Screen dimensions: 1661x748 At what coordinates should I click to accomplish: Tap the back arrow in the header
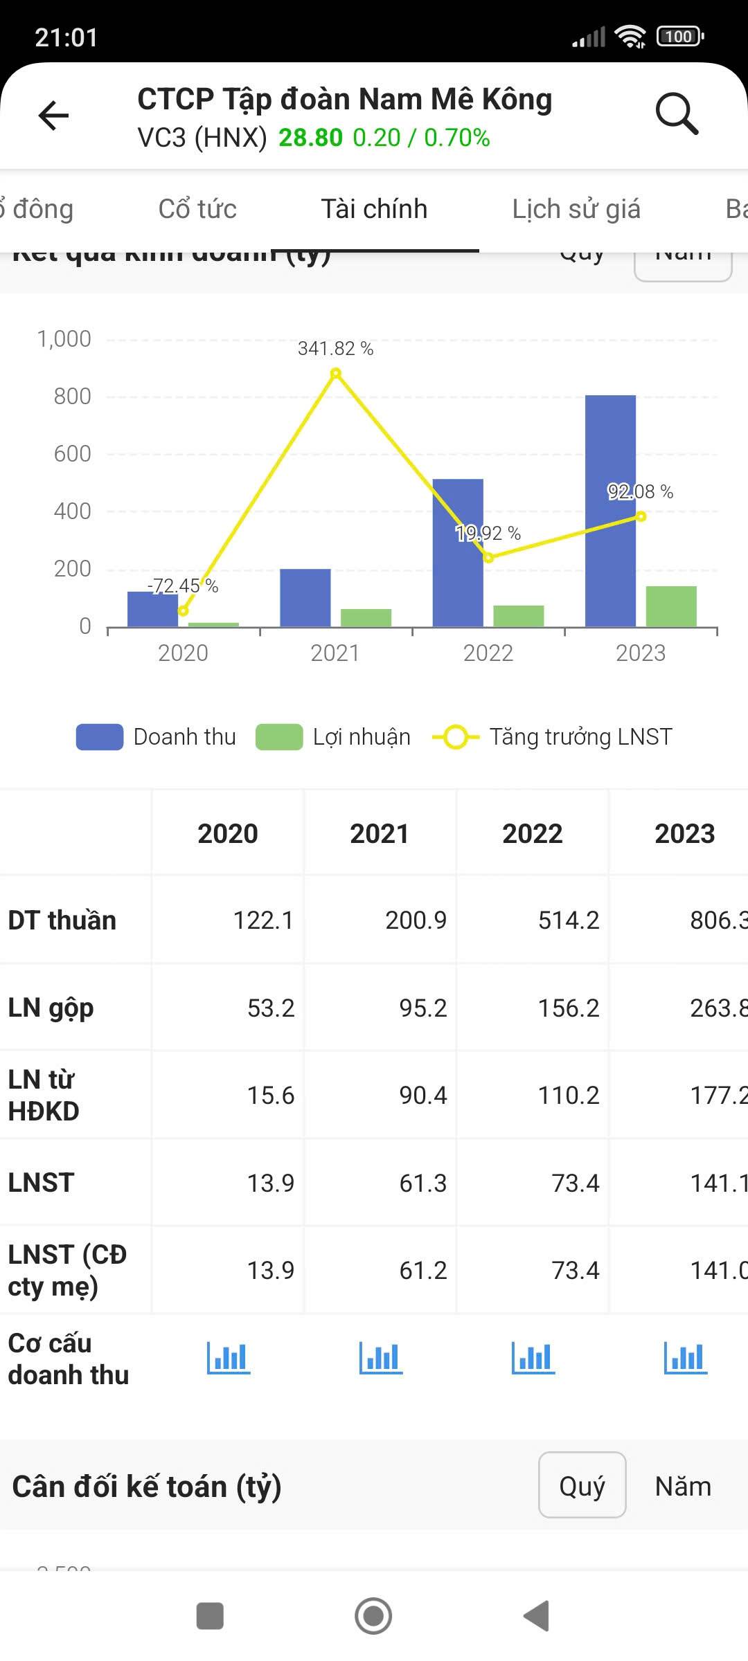pos(53,114)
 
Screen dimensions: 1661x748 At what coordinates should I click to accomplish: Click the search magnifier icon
pos(676,113)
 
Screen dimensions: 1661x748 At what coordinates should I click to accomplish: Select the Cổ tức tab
pos(197,209)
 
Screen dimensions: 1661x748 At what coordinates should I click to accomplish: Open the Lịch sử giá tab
pos(576,209)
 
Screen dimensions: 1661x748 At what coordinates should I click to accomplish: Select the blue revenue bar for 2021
pos(305,598)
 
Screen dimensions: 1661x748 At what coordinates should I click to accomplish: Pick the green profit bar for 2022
pos(519,616)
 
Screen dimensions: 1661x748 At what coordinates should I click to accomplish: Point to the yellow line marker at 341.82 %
pos(336,374)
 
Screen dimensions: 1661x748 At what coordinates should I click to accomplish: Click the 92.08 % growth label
pos(640,491)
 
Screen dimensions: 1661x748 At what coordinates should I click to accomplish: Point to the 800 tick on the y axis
pos(72,397)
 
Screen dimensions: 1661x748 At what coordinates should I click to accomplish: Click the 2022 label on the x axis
pos(488,653)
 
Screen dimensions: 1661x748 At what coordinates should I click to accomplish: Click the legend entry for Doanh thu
pos(157,737)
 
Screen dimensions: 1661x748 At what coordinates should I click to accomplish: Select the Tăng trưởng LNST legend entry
pos(553,737)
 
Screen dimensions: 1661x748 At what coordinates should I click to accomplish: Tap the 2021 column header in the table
pos(380,833)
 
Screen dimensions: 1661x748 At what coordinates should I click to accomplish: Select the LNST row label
pos(41,1183)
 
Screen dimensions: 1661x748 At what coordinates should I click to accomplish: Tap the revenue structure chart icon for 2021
pos(380,1358)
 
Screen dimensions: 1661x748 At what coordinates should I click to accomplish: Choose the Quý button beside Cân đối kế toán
pos(582,1487)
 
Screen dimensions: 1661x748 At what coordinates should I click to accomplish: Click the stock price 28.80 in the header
pos(310,138)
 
